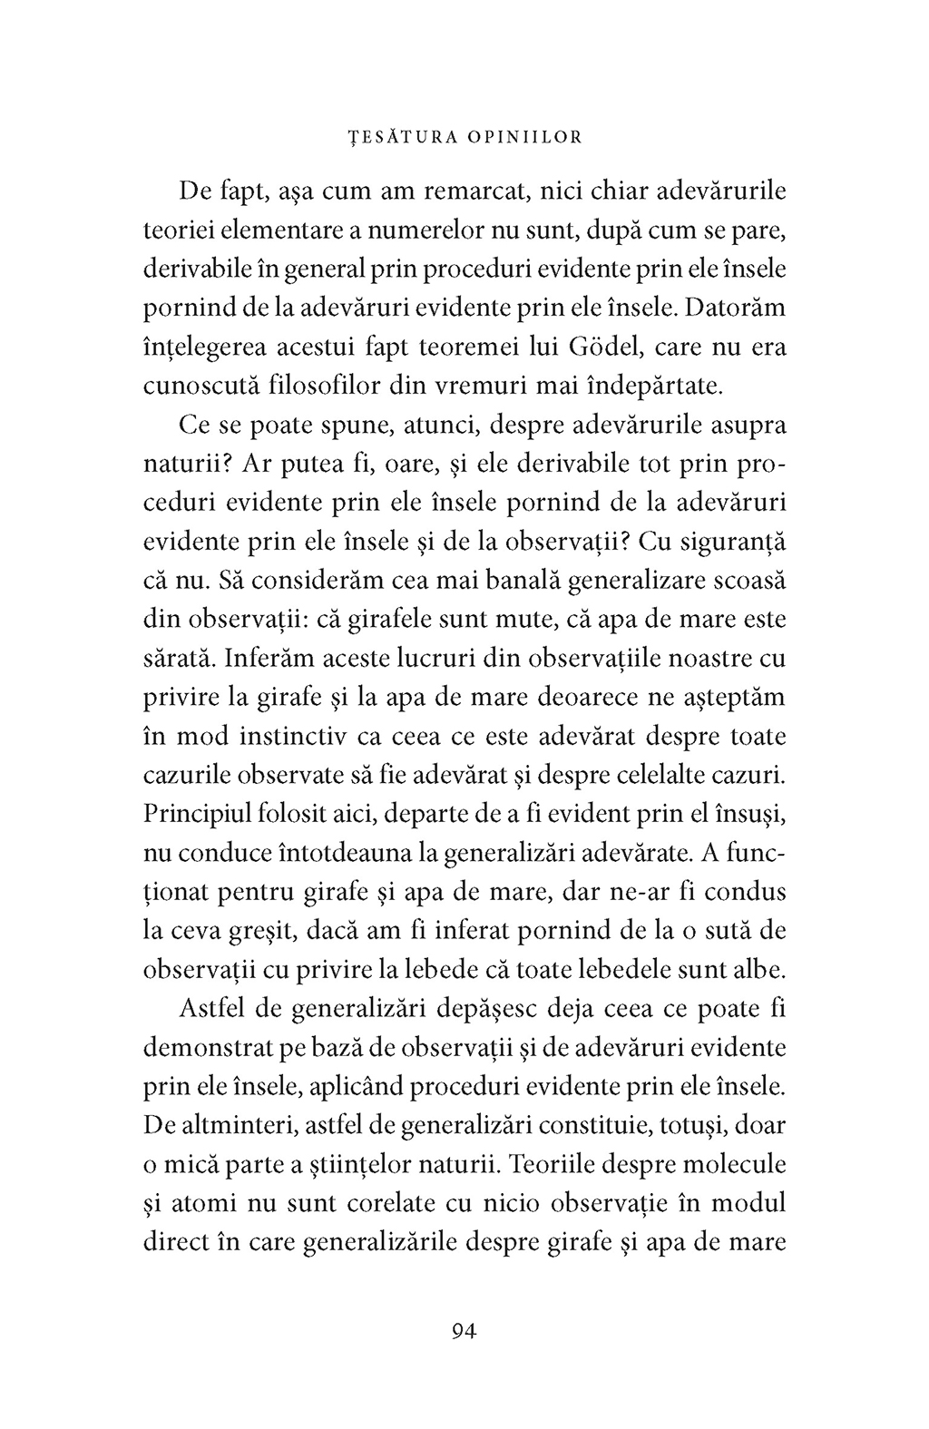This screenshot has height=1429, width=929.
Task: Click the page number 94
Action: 464,1331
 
